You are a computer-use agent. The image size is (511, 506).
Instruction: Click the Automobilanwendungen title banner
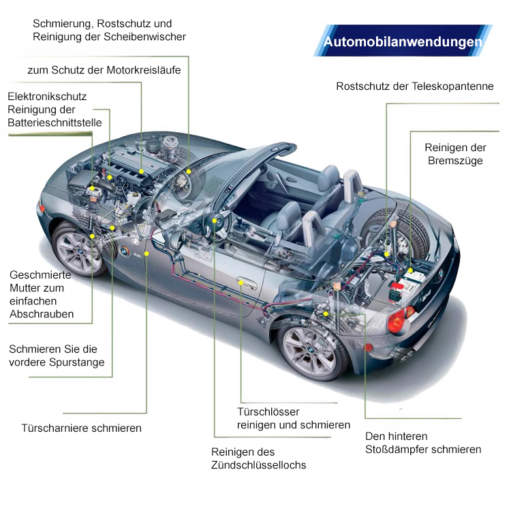pos(403,42)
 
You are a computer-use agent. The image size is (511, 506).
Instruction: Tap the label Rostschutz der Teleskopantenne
pos(414,86)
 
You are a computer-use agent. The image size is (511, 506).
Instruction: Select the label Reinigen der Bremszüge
pos(455,154)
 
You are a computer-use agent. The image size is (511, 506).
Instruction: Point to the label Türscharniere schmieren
pos(81,428)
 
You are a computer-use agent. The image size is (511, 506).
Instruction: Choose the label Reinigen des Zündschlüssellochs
pos(258,458)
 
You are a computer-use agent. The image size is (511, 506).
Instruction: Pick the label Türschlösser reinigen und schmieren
pos(293,418)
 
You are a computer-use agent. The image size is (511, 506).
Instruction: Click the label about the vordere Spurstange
pos(57,355)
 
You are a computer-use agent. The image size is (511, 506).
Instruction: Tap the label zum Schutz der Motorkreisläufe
pos(104,69)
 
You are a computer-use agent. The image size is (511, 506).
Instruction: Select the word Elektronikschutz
pos(47,97)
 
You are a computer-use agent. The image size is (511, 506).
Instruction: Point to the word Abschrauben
pos(41,315)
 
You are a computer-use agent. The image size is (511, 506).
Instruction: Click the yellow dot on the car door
pos(240,281)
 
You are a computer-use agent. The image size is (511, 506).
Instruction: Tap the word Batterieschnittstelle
pos(55,123)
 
